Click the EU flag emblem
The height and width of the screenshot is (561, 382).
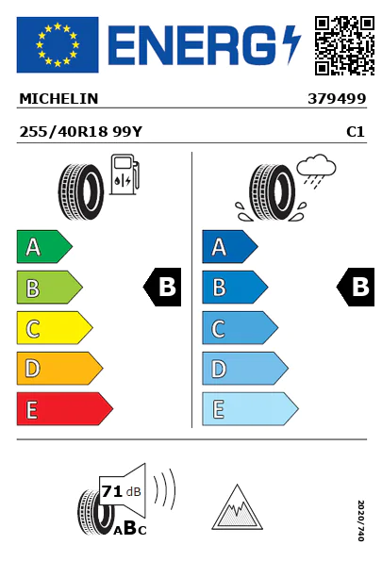click(x=58, y=44)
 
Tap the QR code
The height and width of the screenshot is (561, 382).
click(x=344, y=45)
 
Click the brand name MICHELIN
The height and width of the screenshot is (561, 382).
click(x=58, y=99)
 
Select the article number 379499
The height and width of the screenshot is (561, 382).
click(x=337, y=99)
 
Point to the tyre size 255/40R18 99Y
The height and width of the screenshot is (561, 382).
click(x=81, y=132)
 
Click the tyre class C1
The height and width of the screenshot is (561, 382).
click(x=356, y=132)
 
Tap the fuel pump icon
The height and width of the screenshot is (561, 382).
click(x=125, y=174)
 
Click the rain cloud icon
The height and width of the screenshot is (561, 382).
click(x=316, y=171)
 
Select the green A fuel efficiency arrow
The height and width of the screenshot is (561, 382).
click(x=44, y=246)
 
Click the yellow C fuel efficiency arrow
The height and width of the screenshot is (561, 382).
click(x=55, y=328)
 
